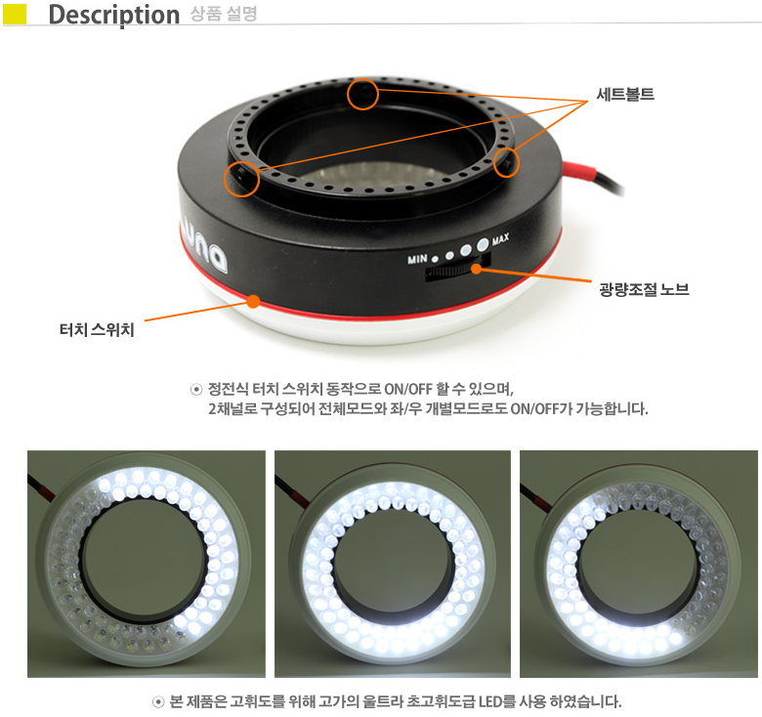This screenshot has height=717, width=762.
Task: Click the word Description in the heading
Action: (114, 15)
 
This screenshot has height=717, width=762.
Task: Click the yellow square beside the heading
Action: (15, 14)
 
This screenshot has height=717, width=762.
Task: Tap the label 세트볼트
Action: (625, 94)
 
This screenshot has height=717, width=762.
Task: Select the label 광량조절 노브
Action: (645, 289)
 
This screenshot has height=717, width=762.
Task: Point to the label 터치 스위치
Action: (97, 330)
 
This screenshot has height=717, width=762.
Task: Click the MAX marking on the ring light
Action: (500, 238)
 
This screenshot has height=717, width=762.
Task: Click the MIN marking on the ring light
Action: (417, 259)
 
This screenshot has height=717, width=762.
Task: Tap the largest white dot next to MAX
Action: (483, 244)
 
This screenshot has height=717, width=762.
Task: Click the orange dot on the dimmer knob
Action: (477, 269)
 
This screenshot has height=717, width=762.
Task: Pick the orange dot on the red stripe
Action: (253, 302)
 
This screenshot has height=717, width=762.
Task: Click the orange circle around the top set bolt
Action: (362, 94)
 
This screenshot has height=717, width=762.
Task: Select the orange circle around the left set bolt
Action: (241, 180)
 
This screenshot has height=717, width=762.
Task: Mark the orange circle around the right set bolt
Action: (506, 162)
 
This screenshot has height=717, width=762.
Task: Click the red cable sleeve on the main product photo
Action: (578, 170)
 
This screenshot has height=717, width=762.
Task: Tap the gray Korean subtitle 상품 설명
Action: (224, 14)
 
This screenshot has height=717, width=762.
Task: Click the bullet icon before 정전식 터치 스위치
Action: (196, 389)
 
